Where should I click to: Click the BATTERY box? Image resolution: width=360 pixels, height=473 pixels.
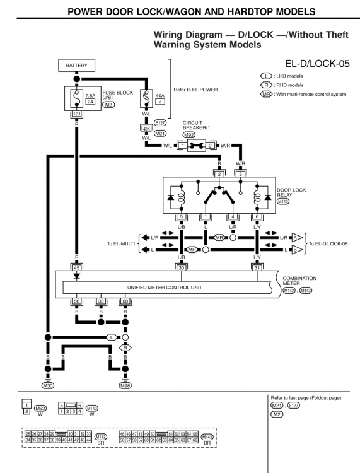point(76,65)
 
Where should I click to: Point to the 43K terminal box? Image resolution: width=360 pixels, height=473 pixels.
point(146,128)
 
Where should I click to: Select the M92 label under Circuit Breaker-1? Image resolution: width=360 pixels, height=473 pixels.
point(189,134)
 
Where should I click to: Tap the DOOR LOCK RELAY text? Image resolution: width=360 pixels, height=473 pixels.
point(289,192)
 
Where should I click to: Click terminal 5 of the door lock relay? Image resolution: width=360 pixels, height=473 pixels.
point(182,217)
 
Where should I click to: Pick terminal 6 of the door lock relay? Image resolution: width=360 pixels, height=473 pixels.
point(257,217)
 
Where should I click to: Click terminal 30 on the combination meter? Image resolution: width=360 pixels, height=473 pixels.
point(182,267)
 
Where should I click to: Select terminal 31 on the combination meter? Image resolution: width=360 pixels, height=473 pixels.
point(257,267)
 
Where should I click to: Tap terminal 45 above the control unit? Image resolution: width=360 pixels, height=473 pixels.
point(76,267)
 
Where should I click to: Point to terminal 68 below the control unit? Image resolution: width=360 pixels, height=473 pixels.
point(125,302)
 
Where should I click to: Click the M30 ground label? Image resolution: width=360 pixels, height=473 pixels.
point(48,385)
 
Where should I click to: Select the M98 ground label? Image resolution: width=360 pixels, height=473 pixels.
point(125,385)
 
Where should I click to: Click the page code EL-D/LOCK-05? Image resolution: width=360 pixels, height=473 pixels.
point(311,64)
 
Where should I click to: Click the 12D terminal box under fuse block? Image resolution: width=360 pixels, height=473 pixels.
point(76,115)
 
